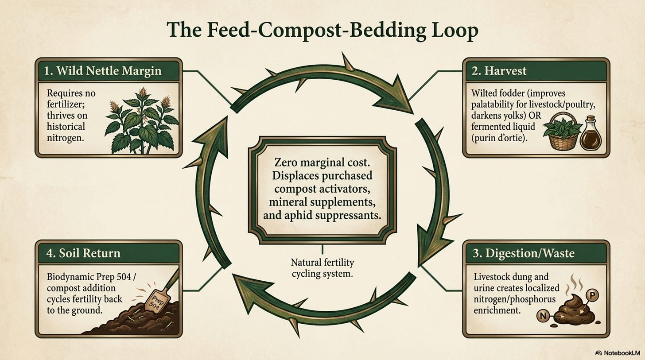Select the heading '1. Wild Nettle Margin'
103,71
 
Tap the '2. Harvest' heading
499,71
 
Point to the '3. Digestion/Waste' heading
524,253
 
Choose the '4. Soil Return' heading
83,253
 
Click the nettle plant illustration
142,120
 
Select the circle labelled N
543,316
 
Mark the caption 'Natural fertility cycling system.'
322,267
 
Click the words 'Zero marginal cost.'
322,163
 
